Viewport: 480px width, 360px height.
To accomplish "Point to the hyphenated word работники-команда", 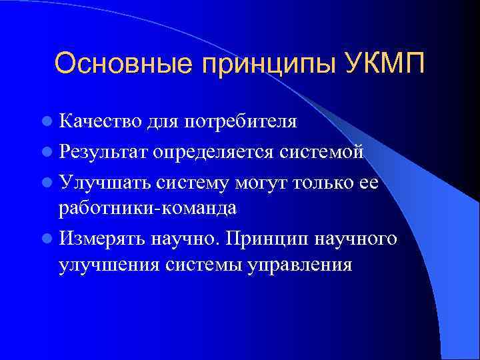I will (147, 209).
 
